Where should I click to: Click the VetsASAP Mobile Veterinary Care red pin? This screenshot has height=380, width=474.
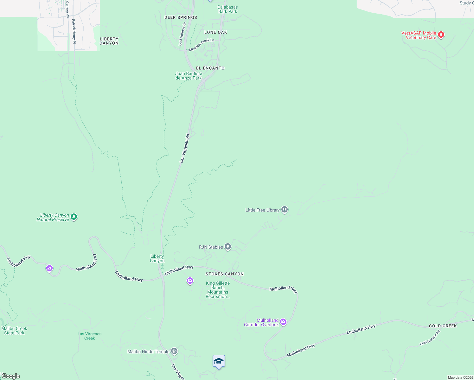(441, 35)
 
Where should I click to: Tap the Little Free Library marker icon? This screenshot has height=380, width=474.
(285, 209)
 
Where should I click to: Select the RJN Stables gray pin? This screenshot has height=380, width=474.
(228, 246)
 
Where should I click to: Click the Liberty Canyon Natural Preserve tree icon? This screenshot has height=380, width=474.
(74, 217)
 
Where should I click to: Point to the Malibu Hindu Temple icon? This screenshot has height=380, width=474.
(174, 351)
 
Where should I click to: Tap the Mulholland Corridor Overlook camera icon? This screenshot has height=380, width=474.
(283, 322)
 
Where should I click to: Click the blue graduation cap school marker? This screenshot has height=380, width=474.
(219, 361)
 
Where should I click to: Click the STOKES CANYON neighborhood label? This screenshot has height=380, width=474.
(225, 274)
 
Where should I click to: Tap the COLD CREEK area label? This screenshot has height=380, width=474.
(443, 326)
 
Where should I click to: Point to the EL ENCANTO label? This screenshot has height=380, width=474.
(210, 68)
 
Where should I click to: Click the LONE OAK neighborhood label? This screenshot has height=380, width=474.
(215, 32)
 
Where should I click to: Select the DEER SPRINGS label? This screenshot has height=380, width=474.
(181, 17)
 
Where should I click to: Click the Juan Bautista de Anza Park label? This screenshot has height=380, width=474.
(189, 76)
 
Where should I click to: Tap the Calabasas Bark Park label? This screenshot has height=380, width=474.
(227, 9)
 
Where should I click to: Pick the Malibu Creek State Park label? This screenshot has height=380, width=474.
(14, 331)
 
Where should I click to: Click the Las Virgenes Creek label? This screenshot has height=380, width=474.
(89, 336)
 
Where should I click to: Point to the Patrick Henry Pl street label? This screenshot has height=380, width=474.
(74, 31)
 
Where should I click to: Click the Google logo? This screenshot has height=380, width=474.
(10, 376)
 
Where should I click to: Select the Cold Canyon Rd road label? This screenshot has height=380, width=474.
(430, 338)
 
